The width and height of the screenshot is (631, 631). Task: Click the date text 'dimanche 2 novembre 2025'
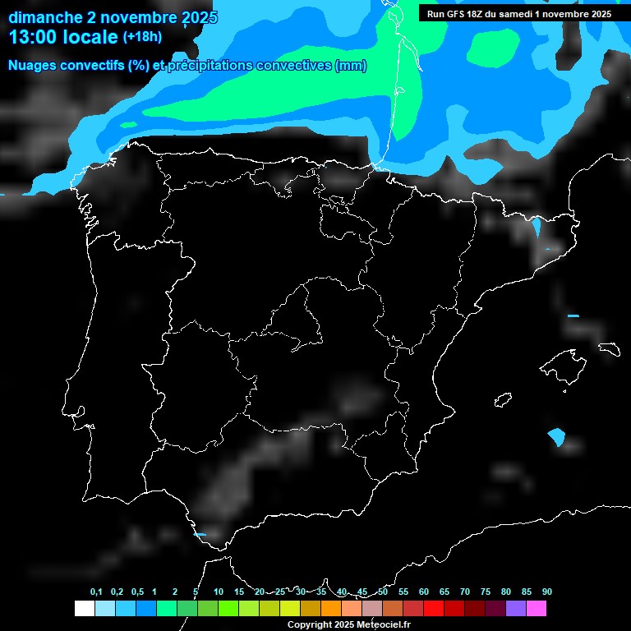pyautogui.click(x=113, y=17)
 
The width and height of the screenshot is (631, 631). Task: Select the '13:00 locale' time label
pyautogui.click(x=64, y=37)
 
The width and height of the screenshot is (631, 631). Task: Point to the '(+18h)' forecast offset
pyautogui.click(x=143, y=36)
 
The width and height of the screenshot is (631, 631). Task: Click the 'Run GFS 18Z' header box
pyautogui.click(x=519, y=14)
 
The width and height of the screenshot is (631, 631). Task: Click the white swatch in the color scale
pyautogui.click(x=84, y=609)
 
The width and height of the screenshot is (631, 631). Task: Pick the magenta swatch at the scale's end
pyautogui.click(x=537, y=609)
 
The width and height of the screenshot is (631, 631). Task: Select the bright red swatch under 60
pyautogui.click(x=434, y=609)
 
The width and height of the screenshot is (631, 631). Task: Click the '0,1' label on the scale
pyautogui.click(x=96, y=592)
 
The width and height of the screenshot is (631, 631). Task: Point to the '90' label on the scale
pyautogui.click(x=547, y=592)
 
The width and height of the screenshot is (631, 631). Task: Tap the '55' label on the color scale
pyautogui.click(x=403, y=592)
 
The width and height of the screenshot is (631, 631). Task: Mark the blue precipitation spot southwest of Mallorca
pyautogui.click(x=556, y=436)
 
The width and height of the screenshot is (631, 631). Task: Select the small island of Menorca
pyautogui.click(x=609, y=348)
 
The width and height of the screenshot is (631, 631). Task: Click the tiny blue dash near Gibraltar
pyautogui.click(x=199, y=534)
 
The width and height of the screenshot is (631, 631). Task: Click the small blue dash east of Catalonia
pyautogui.click(x=573, y=315)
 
